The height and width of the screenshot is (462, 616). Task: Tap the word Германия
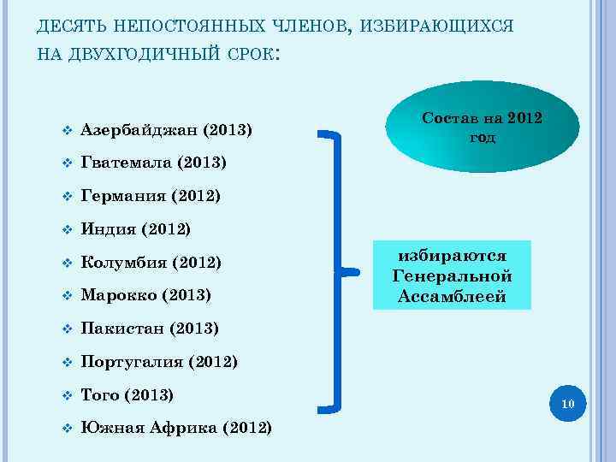[124, 197]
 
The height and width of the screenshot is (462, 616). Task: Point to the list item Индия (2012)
[135, 229]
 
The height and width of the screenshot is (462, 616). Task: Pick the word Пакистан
[123, 329]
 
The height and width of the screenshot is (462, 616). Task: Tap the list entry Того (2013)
[127, 394]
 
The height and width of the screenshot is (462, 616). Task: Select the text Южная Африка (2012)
[176, 428]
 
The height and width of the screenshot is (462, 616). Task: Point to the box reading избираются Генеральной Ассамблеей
[452, 275]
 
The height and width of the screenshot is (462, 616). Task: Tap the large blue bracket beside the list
[341, 269]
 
